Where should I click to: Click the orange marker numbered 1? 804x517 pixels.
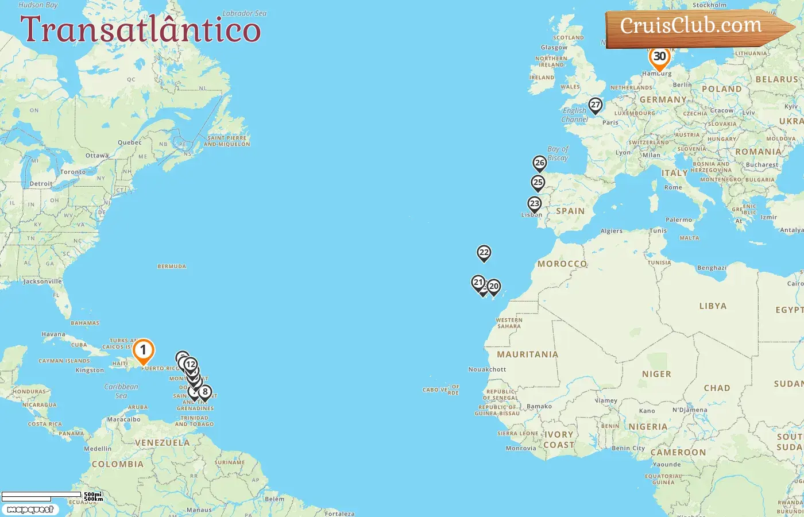coord(143,350)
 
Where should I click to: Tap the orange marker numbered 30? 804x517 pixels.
coord(659,57)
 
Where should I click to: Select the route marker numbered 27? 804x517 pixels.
coord(596,105)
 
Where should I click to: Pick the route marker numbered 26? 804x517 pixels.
coord(539,163)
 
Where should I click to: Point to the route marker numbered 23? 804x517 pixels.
coord(535,204)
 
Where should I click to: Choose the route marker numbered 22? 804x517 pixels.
coord(484,253)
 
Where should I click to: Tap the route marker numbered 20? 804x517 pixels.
coord(494,286)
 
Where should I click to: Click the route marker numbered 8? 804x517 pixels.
coord(204,392)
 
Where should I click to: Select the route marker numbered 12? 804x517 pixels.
coord(191,364)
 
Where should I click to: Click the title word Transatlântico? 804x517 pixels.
coord(141,29)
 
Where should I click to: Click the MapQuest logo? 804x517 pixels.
coord(30,510)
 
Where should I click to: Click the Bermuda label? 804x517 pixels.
coord(172,267)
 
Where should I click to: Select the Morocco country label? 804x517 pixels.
coord(562,264)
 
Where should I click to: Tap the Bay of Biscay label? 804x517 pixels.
coord(558,153)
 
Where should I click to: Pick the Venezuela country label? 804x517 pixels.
coord(162,442)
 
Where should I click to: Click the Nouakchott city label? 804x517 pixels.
coord(487,369)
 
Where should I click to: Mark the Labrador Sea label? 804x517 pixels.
coord(244,13)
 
